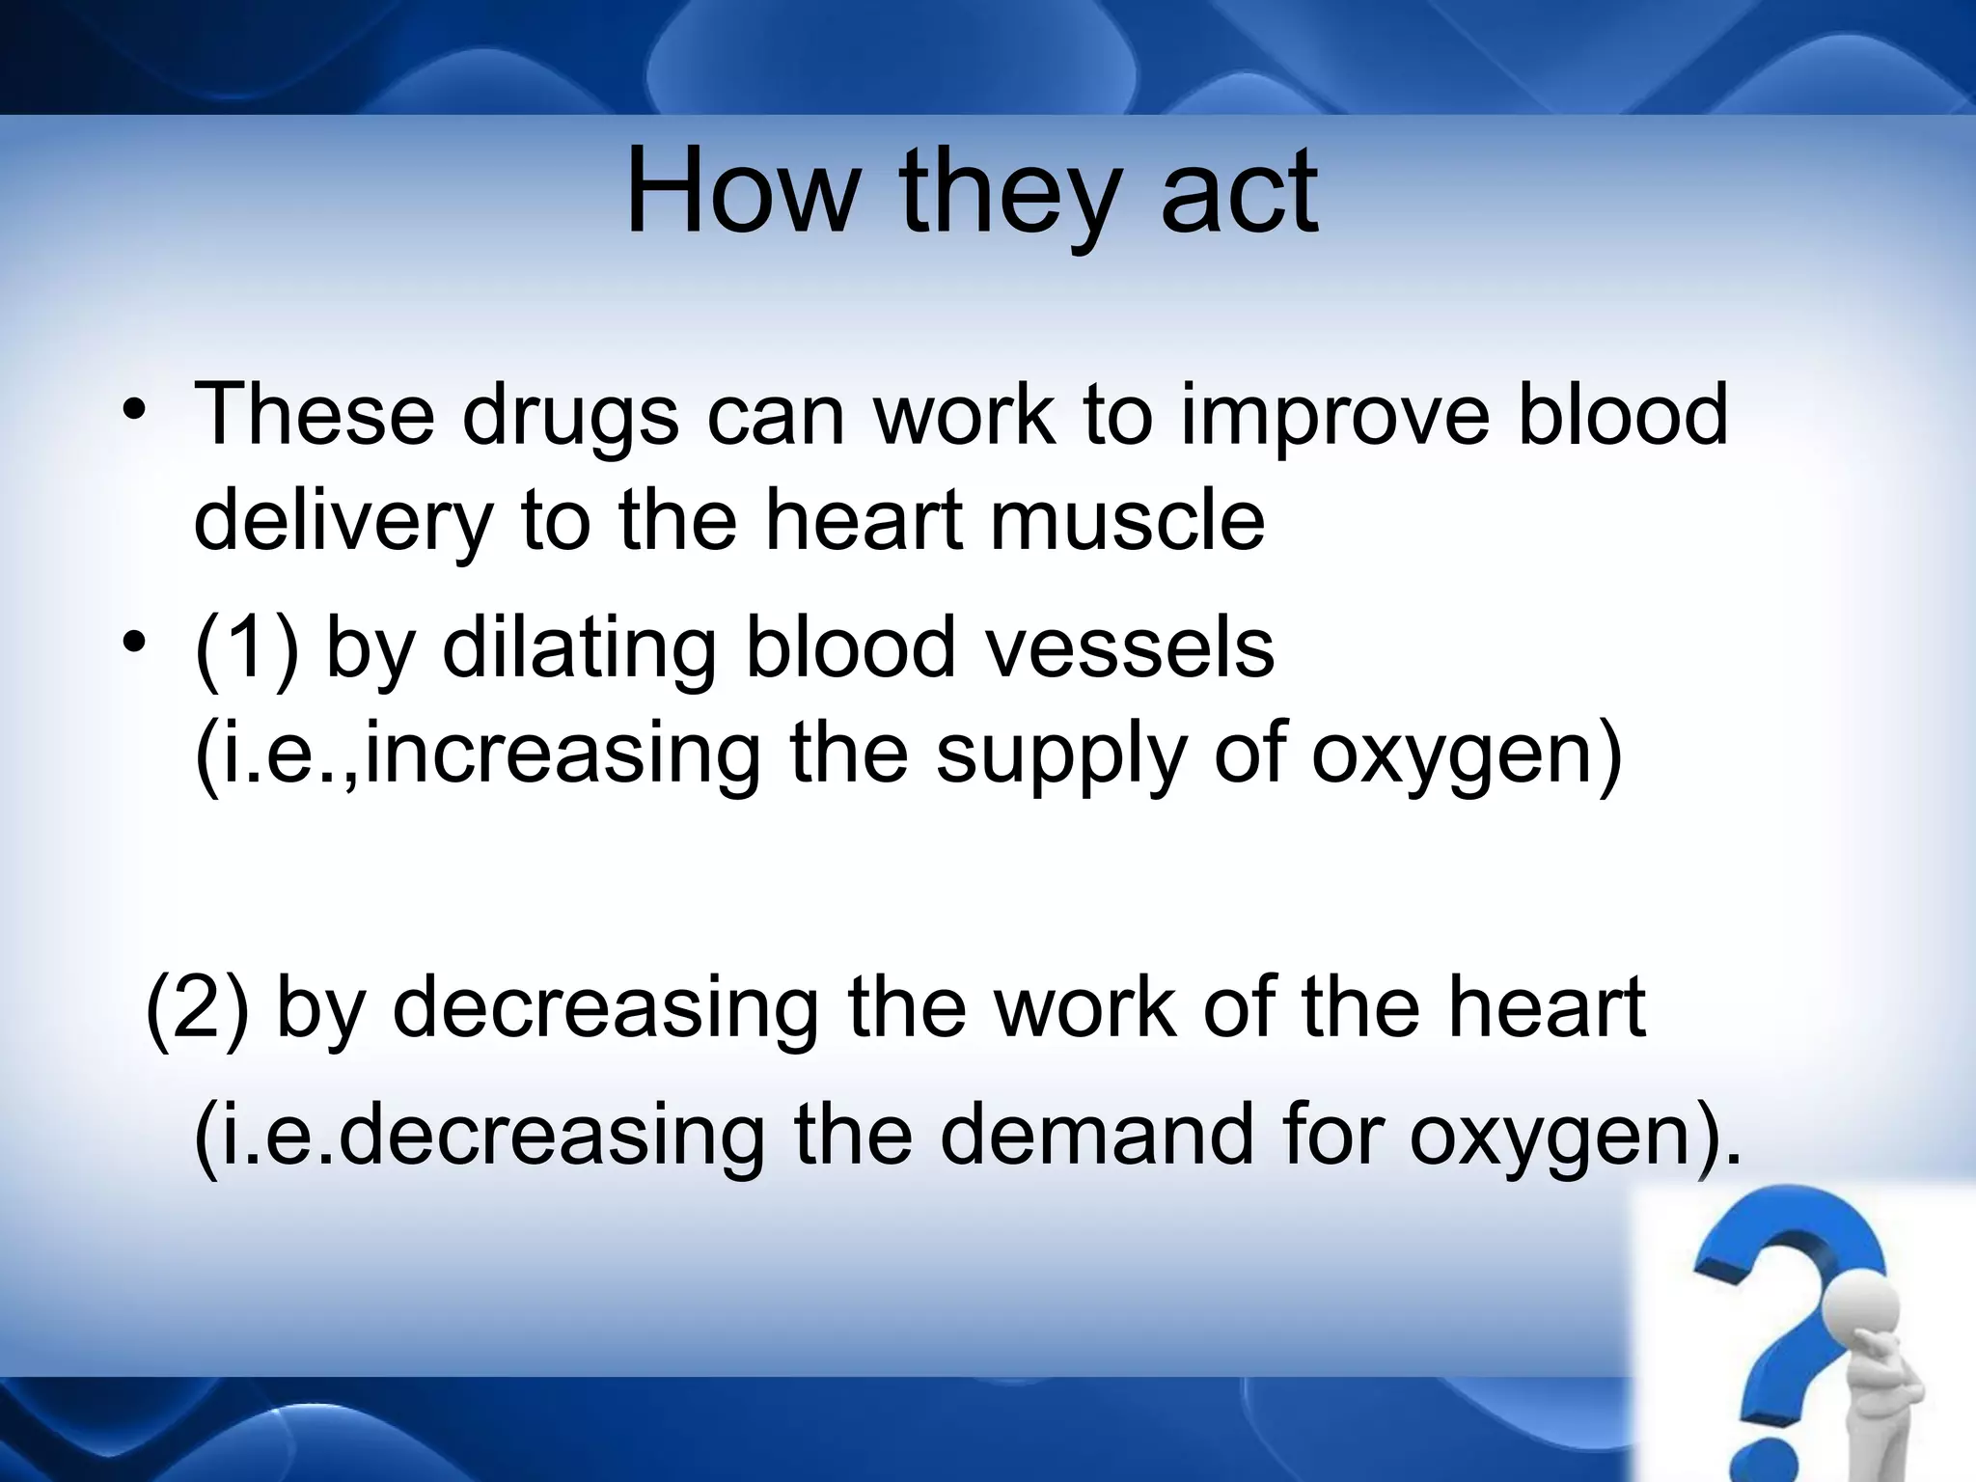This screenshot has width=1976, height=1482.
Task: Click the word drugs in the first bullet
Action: click(570, 415)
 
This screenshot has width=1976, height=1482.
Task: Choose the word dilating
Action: click(578, 647)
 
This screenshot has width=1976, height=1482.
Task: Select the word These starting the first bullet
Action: click(315, 415)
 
